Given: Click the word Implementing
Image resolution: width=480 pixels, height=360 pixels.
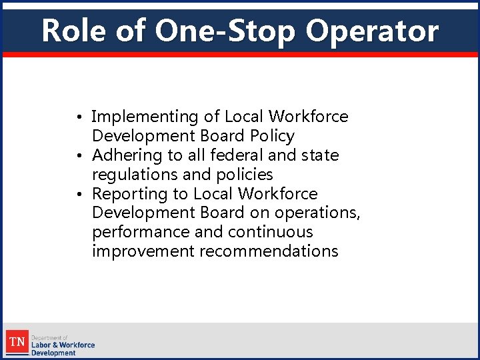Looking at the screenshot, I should tap(145, 117).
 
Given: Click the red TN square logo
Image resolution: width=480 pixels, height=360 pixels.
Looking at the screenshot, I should tap(17, 342).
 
